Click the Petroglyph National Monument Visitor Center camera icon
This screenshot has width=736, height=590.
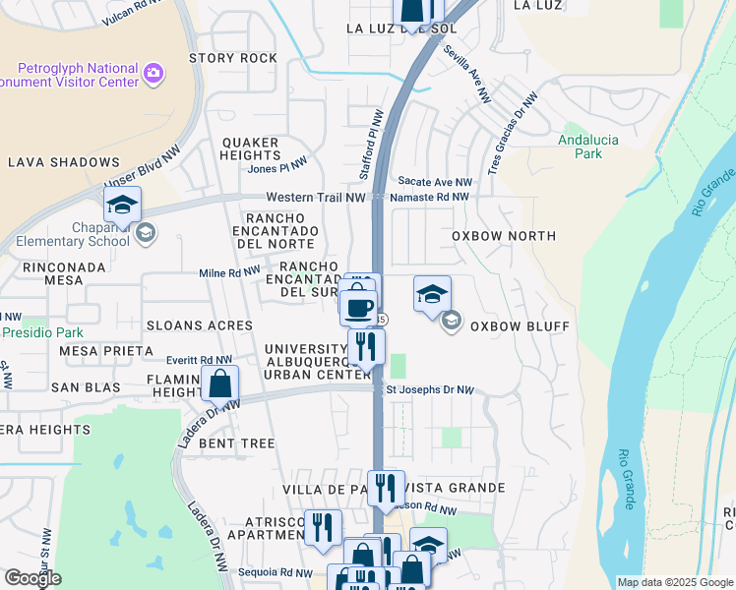tap(153, 72)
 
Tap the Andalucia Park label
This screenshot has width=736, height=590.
tap(588, 147)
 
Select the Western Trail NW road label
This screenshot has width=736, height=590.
tap(316, 198)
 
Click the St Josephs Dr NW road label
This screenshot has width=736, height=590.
tap(430, 390)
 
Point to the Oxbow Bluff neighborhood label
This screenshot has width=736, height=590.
tap(513, 326)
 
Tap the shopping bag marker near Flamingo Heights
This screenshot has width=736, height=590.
tap(220, 383)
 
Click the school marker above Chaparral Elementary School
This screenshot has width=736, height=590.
tap(122, 205)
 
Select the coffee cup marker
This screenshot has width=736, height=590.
tap(359, 307)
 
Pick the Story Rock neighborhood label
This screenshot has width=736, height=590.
tap(233, 58)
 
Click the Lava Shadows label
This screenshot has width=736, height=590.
tap(64, 162)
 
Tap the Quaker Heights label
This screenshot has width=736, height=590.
tap(251, 148)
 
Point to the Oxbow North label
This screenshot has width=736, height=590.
tap(504, 236)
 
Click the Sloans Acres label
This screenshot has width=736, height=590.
tap(200, 324)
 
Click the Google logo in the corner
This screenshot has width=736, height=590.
tap(31, 578)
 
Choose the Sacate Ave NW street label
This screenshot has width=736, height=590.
tap(434, 182)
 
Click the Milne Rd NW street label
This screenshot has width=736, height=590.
tap(229, 271)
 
